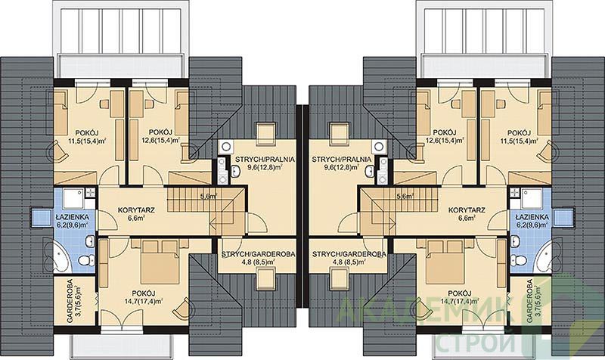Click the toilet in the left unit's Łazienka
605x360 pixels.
[86, 260]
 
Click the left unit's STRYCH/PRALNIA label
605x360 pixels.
[262, 159]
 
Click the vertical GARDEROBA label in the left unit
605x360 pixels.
[70, 300]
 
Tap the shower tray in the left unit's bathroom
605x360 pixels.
[73, 199]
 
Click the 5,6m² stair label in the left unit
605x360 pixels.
[209, 196]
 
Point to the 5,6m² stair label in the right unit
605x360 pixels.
[405, 196]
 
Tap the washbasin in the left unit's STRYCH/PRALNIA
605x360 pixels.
[235, 170]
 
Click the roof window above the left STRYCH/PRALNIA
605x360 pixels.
[266, 130]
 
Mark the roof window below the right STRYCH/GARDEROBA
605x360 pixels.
[339, 280]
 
